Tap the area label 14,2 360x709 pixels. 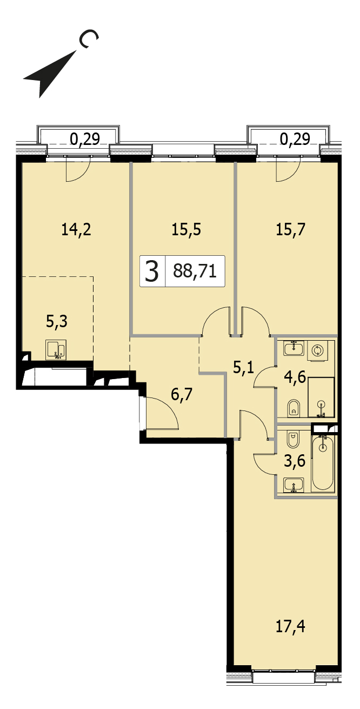[76, 229]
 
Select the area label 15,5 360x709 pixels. [186, 229]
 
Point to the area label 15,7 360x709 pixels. [290, 229]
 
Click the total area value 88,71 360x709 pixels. [195, 271]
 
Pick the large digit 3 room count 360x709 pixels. [151, 271]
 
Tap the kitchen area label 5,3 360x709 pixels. [57, 322]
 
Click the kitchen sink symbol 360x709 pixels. [56, 350]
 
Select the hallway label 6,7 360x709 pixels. [182, 395]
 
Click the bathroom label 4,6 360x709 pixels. [295, 377]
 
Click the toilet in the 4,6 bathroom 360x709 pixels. [294, 408]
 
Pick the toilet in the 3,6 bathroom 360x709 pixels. [293, 438]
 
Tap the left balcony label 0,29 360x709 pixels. [85, 139]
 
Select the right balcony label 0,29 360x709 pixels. [295, 139]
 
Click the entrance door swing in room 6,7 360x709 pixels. [161, 413]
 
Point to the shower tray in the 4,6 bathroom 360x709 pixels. [321, 397]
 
